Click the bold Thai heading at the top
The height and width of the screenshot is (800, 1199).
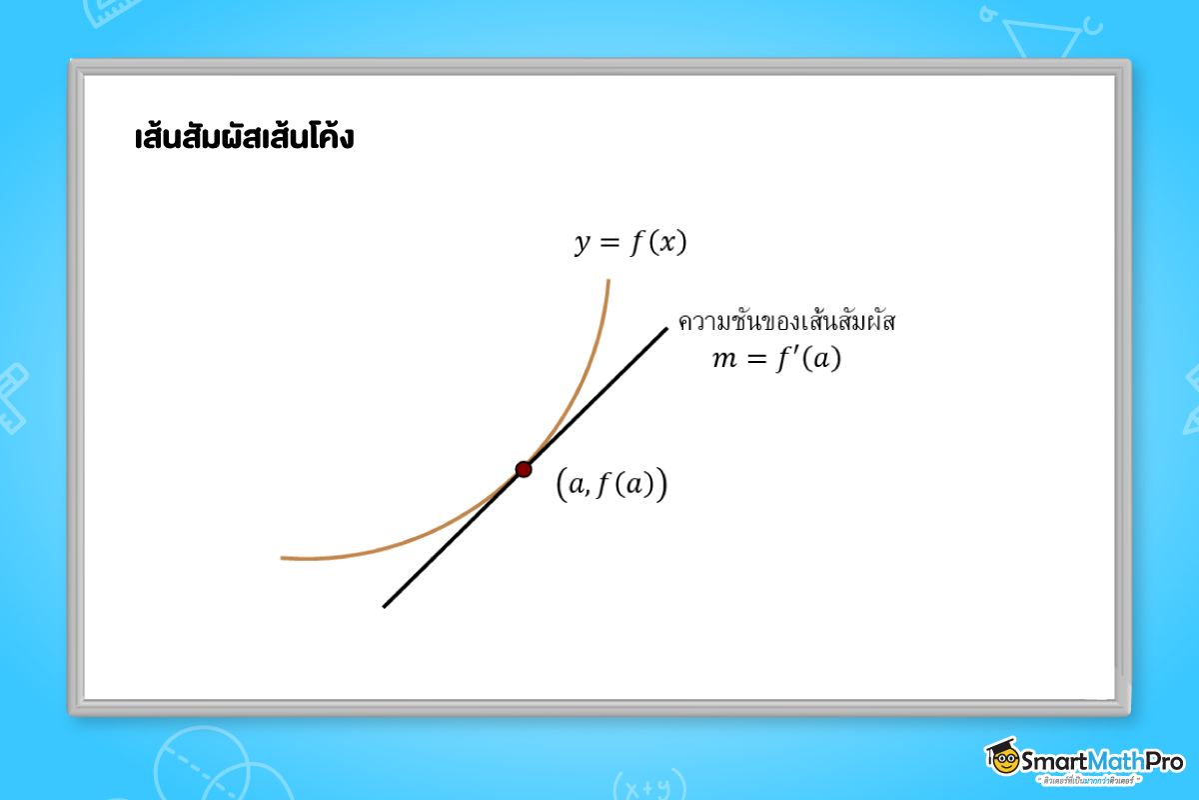244,137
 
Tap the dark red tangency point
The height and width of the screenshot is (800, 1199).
524,469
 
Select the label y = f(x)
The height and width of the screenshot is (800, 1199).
629,244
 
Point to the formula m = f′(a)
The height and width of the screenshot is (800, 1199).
776,359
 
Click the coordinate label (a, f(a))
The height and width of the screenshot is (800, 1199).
611,485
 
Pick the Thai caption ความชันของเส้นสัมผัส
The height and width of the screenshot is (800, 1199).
788,322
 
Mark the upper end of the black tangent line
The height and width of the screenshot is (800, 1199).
665,328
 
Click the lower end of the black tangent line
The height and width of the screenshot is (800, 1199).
384,606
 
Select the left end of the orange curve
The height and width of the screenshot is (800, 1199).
283,558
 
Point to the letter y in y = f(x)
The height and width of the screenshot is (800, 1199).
582,246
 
